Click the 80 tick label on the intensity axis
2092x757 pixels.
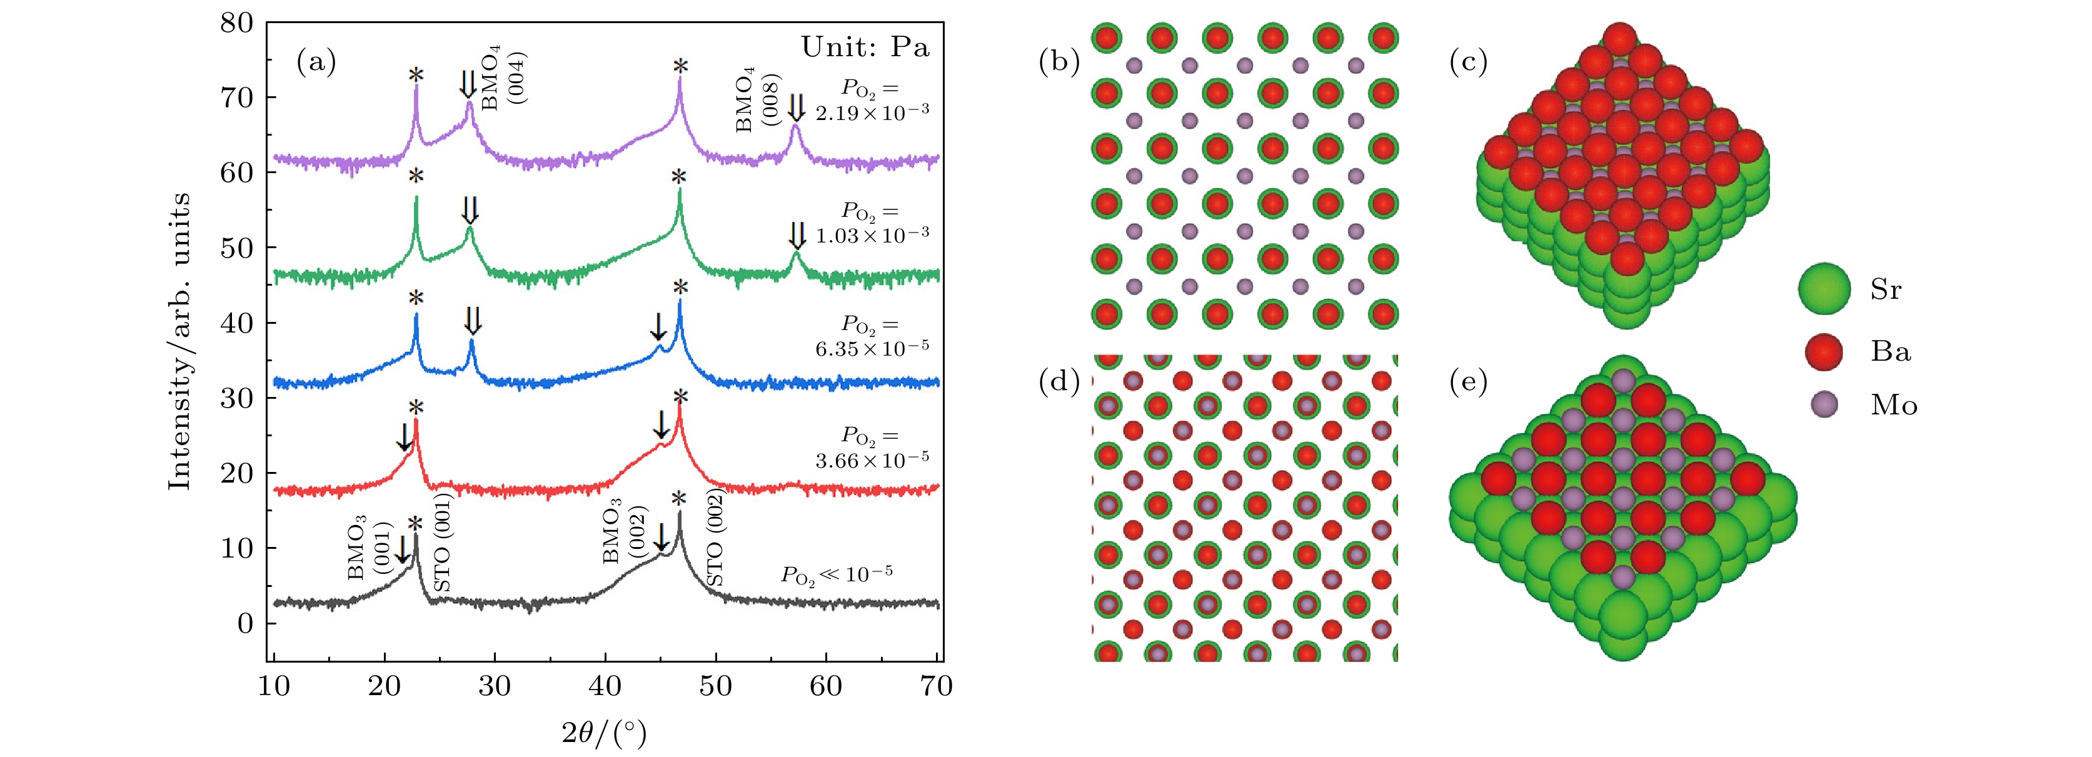[237, 23]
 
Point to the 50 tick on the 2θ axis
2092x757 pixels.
[715, 686]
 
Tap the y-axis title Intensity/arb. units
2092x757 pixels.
[179, 341]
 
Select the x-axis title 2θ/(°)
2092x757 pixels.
[604, 733]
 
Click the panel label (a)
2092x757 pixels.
[316, 62]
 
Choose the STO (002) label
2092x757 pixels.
[715, 538]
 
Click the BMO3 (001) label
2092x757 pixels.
[370, 549]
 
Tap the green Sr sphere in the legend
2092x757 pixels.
[1824, 288]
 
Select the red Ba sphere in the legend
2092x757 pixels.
[1824, 352]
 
